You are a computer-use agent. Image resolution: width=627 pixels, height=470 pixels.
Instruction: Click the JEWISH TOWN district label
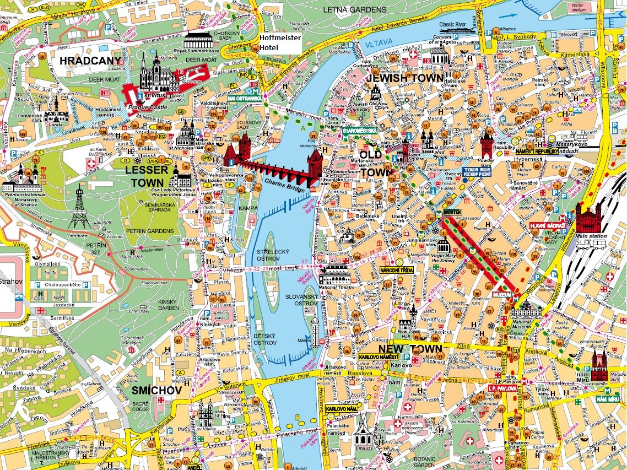(x=404, y=78)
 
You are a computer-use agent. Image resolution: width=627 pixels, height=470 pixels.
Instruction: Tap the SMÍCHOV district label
(x=156, y=390)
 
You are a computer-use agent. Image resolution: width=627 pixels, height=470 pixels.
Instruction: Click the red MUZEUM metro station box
(x=502, y=295)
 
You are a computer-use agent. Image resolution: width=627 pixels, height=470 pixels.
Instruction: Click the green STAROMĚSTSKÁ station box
(x=359, y=131)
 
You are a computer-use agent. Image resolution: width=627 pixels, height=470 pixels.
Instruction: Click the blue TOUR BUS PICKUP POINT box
(x=477, y=171)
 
